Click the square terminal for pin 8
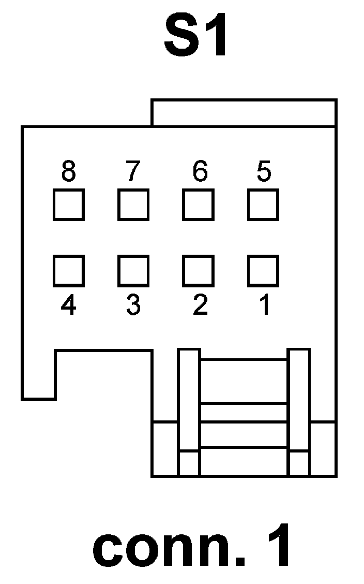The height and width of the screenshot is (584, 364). click(68, 205)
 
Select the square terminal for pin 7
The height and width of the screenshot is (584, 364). click(133, 205)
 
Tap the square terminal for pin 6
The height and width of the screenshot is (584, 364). click(198, 205)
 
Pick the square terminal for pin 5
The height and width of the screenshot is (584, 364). click(263, 205)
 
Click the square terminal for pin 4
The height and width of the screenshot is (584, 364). click(68, 270)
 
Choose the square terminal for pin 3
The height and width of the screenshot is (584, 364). click(133, 270)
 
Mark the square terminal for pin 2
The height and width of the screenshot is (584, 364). click(198, 270)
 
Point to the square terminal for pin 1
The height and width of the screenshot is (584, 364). click(263, 270)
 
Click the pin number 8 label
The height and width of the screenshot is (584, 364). click(68, 171)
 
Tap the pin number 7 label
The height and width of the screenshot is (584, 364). click(133, 171)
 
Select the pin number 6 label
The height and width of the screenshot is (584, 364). click(199, 171)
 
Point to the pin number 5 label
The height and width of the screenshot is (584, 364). click(264, 171)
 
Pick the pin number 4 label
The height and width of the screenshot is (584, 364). click(68, 305)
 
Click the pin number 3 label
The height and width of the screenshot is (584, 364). click(133, 305)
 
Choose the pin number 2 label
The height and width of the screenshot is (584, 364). click(200, 305)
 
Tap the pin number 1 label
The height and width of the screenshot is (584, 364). click(264, 305)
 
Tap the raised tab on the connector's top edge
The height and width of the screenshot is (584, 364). click(244, 113)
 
